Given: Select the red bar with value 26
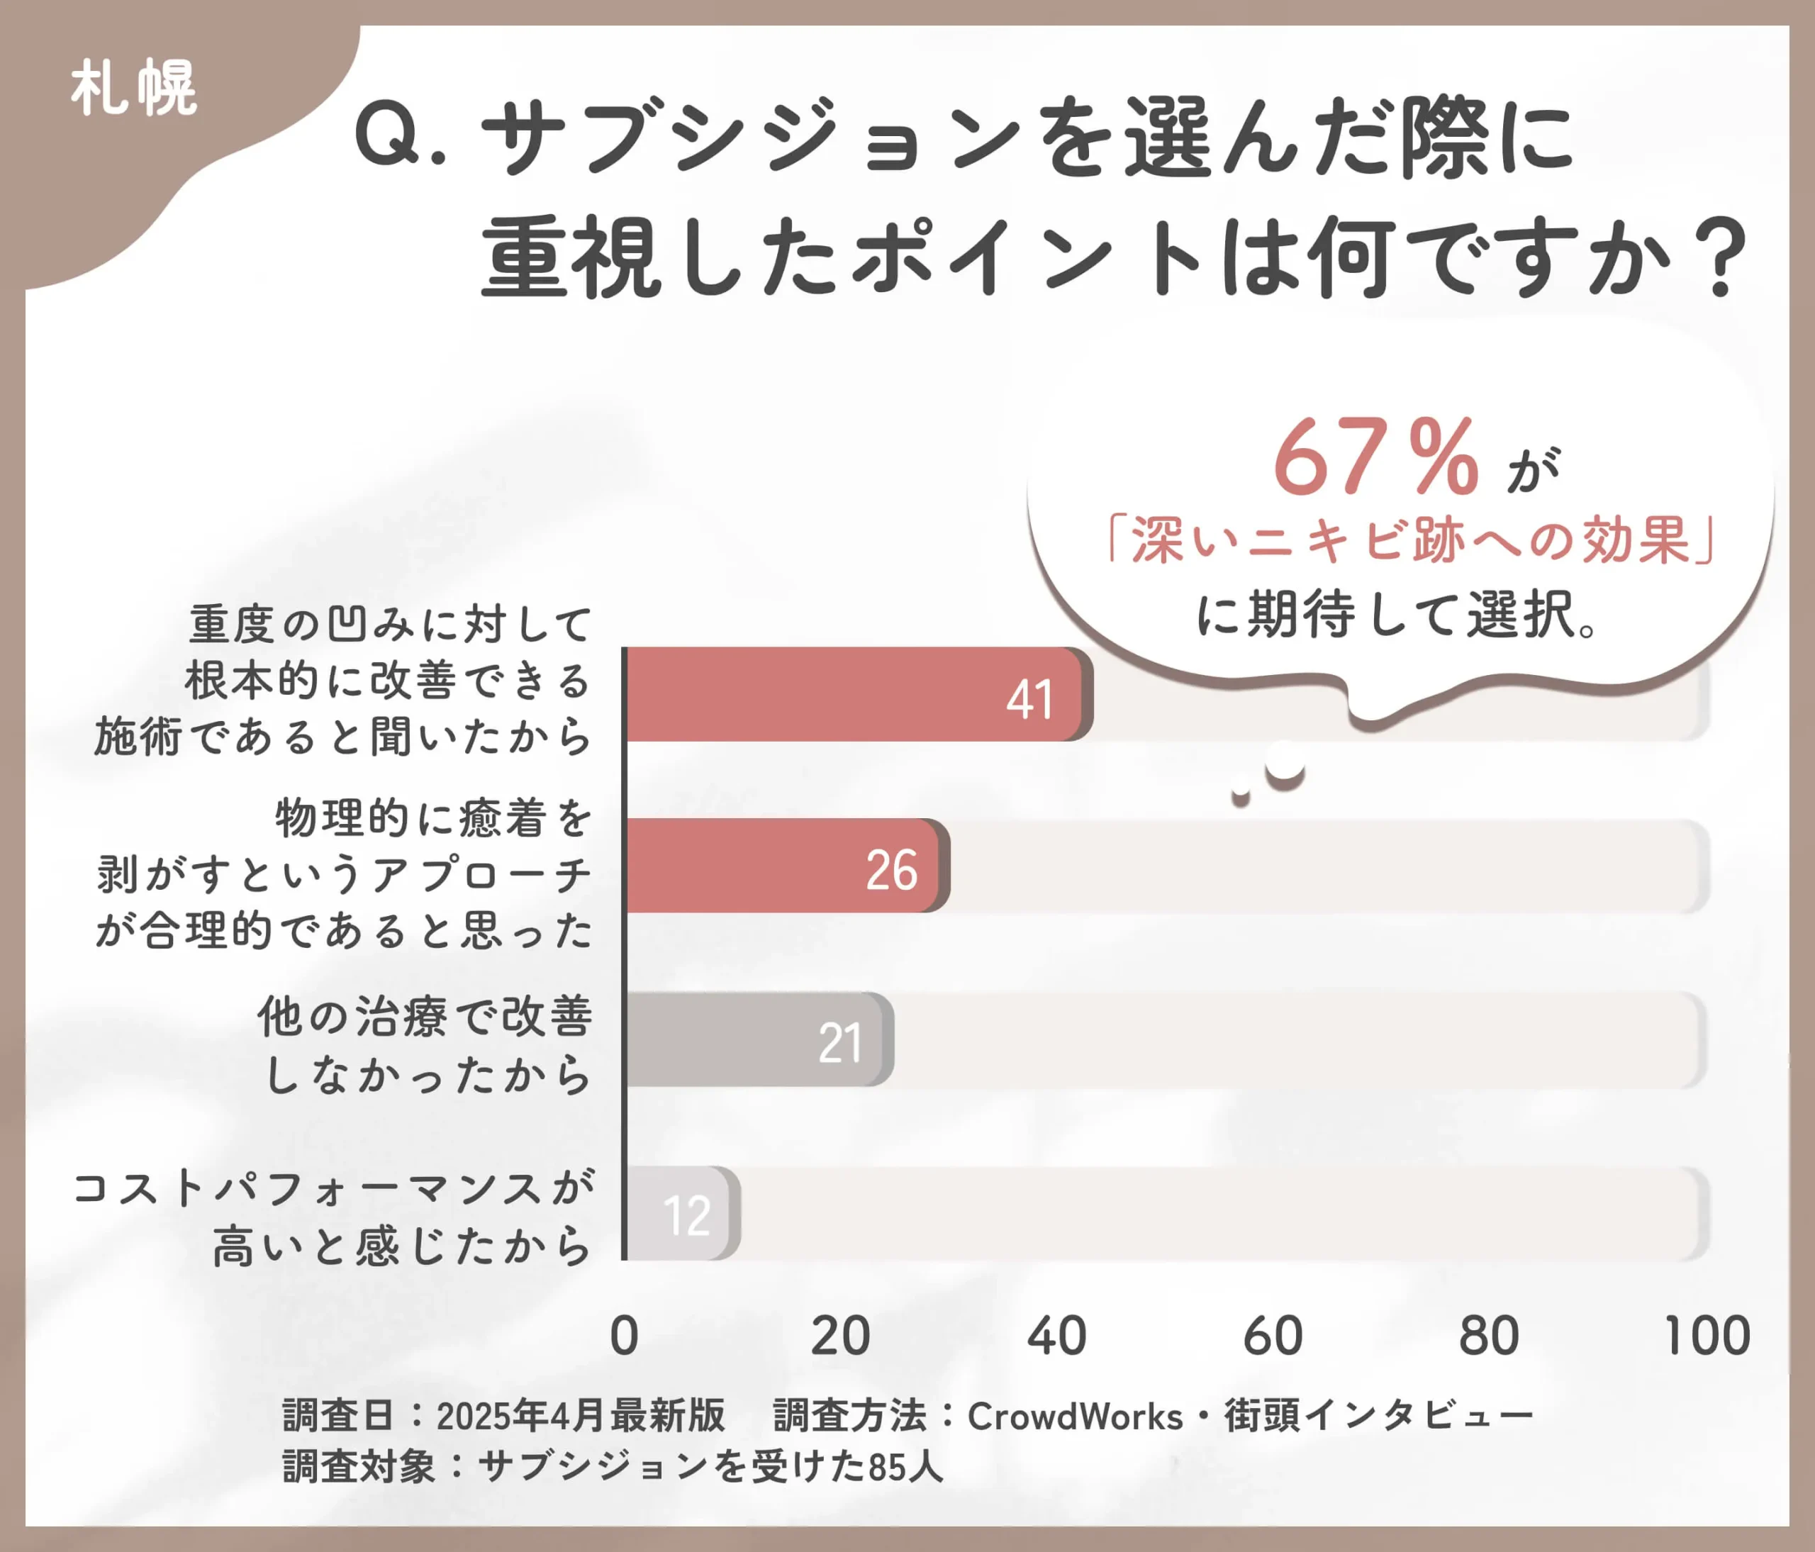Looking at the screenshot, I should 785,866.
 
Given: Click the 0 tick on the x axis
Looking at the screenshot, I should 624,1336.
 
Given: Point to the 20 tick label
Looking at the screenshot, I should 840,1336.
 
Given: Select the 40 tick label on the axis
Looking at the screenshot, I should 1056,1336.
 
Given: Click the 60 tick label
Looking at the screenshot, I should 1273,1336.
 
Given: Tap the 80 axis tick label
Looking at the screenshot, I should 1489,1336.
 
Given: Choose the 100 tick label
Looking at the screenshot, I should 1707,1336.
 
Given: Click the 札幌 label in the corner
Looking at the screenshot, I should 134,88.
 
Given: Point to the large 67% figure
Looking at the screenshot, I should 1375,457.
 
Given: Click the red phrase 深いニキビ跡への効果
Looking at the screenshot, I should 1410,540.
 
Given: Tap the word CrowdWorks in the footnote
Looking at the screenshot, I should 1075,1417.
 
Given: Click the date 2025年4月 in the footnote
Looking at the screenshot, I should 522,1417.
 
